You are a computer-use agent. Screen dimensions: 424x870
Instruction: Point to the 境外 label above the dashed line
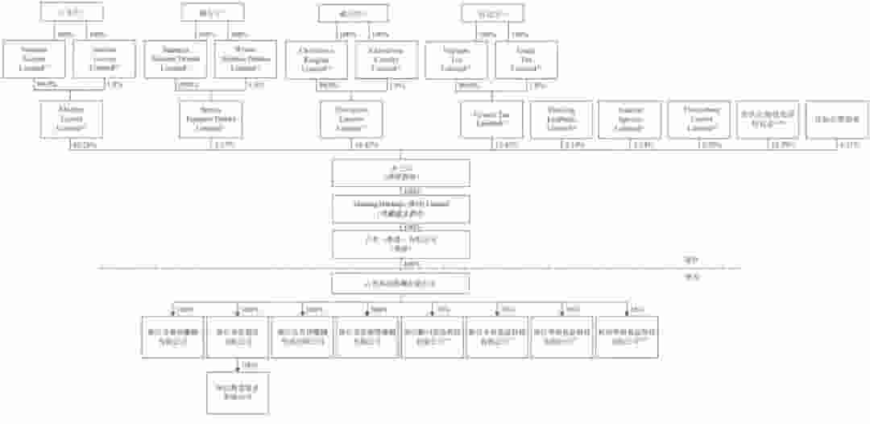pos(689,260)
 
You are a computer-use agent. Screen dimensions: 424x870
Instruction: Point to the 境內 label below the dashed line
pos(689,276)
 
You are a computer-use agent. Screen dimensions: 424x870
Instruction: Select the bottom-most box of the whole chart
pos(237,392)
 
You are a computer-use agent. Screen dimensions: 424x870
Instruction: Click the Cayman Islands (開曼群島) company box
pos(401,173)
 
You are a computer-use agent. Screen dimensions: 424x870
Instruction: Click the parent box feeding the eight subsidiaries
pos(401,284)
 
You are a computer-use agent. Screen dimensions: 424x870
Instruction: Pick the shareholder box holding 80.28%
pos(70,118)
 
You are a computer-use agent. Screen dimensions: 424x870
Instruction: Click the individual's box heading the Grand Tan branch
pos(491,14)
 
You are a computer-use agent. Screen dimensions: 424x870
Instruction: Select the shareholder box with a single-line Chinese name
pos(838,118)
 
